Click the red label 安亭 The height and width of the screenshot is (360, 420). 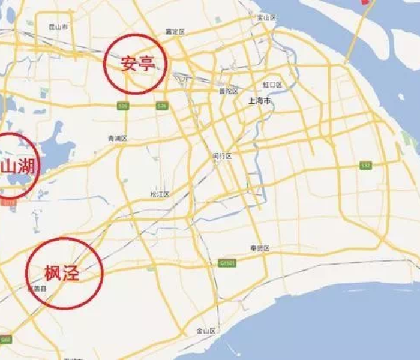(138, 64)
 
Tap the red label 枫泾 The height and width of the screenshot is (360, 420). (62, 274)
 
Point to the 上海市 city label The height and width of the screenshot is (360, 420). (260, 101)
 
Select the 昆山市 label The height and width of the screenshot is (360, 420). (58, 28)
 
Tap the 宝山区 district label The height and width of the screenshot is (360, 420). (266, 18)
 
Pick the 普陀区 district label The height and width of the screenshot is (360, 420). (229, 91)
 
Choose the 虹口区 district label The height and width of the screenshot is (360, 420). (272, 85)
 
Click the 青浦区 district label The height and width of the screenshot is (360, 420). (117, 138)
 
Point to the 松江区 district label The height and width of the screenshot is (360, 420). (160, 194)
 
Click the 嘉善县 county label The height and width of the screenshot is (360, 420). (37, 289)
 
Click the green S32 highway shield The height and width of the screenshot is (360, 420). (365, 165)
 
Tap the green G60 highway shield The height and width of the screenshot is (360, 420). (5, 340)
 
